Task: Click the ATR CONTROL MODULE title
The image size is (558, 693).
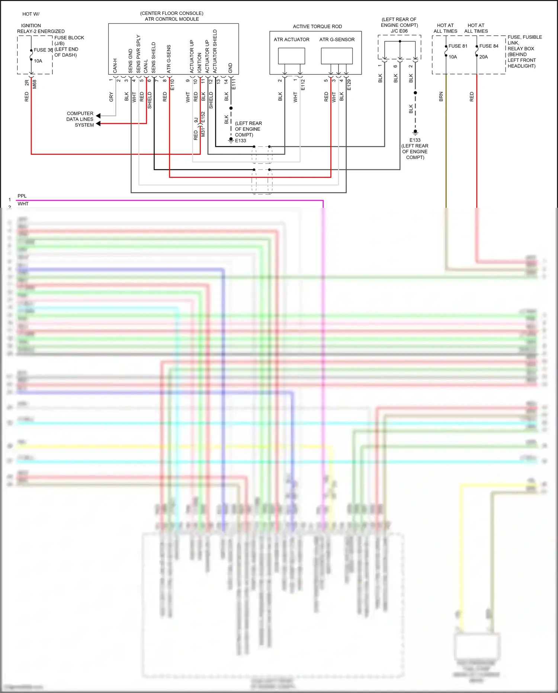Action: click(171, 19)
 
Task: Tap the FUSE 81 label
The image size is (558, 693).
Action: click(458, 46)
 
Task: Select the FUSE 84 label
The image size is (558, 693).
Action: click(488, 46)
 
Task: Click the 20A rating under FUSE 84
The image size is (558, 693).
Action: click(483, 57)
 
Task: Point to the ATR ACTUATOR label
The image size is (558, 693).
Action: click(291, 39)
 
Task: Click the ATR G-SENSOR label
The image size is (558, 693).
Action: click(337, 39)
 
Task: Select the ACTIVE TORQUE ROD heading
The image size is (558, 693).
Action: click(317, 26)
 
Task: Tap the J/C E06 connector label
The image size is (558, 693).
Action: click(399, 31)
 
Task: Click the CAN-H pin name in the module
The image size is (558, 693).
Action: click(115, 66)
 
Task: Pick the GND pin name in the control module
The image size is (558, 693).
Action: click(230, 68)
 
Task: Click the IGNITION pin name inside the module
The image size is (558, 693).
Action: click(199, 63)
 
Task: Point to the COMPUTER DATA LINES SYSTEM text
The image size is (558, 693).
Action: click(80, 119)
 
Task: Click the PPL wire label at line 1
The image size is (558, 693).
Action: click(22, 196)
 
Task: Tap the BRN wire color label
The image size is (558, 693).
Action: click(441, 97)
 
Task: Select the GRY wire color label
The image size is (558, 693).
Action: click(111, 97)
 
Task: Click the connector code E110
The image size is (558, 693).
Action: click(172, 85)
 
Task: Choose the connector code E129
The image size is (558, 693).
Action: click(349, 85)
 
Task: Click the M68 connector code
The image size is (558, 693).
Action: click(35, 84)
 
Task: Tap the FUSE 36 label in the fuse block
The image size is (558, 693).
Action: click(43, 50)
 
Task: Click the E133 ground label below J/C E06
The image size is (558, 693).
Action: click(415, 140)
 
